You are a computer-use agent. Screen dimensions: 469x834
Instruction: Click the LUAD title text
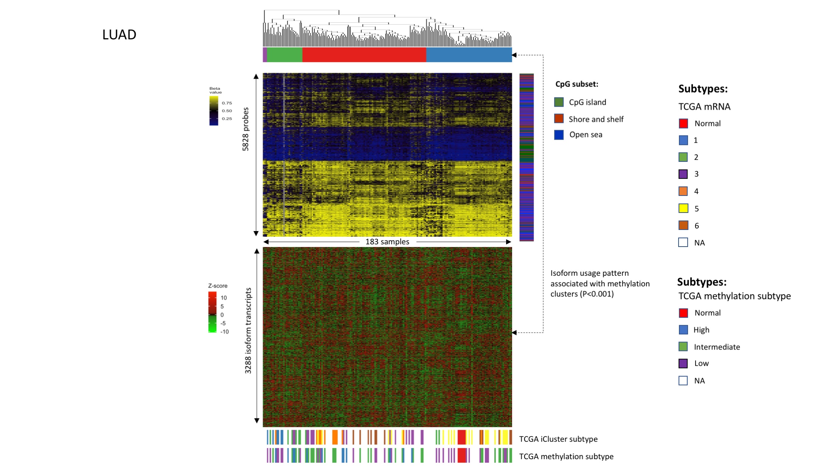click(119, 35)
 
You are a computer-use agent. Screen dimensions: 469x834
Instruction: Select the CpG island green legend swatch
click(559, 102)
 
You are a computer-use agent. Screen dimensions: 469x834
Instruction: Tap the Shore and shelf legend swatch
click(559, 119)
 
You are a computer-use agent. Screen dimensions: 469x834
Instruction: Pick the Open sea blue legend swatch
click(559, 135)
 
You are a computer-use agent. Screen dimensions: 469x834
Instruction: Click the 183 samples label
click(387, 242)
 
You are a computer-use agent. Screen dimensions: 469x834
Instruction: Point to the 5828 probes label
click(246, 129)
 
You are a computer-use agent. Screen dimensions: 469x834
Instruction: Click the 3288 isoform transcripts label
click(248, 331)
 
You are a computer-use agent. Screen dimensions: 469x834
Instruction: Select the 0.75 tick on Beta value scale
click(227, 103)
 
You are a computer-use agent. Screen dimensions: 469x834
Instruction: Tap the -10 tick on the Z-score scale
click(225, 332)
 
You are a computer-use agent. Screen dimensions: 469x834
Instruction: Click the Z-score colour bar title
click(217, 286)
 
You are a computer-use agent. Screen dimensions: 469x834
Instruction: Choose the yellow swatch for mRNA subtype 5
click(683, 208)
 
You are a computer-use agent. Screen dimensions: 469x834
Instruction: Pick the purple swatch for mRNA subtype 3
click(683, 174)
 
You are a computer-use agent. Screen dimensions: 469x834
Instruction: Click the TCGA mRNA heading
click(704, 107)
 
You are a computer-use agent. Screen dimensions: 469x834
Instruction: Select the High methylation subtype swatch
click(683, 330)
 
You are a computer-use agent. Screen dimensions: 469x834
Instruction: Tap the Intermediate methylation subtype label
click(717, 347)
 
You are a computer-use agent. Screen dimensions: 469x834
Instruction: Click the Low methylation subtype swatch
click(683, 363)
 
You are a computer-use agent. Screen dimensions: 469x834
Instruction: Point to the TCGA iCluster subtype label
click(558, 439)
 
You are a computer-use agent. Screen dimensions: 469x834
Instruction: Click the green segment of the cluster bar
click(284, 55)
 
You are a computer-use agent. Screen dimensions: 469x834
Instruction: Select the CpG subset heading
click(576, 84)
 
